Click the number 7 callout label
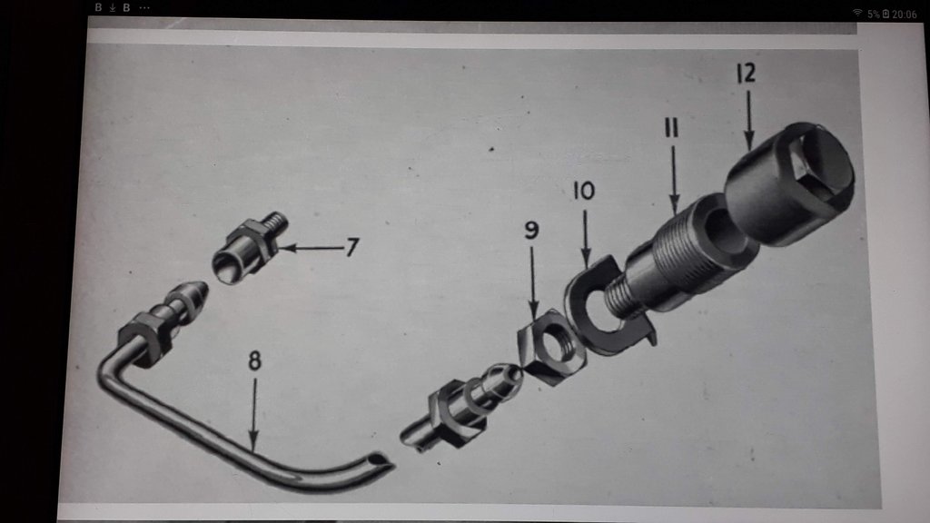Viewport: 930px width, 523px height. click(352, 247)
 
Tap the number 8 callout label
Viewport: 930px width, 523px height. click(254, 360)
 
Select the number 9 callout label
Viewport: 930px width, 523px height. click(531, 230)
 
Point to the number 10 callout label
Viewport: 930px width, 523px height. click(584, 191)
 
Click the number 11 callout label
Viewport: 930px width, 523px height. click(671, 127)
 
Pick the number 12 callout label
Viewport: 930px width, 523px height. click(747, 73)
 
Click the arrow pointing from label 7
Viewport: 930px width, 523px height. click(312, 248)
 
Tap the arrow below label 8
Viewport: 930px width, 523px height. click(254, 415)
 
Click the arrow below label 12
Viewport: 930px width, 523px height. click(749, 121)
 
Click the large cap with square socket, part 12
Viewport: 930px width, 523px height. click(789, 183)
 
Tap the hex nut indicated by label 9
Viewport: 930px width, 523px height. click(551, 348)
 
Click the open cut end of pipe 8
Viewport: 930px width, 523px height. click(380, 460)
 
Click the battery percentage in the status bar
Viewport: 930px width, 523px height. click(873, 15)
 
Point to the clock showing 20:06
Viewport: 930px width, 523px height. click(904, 15)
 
